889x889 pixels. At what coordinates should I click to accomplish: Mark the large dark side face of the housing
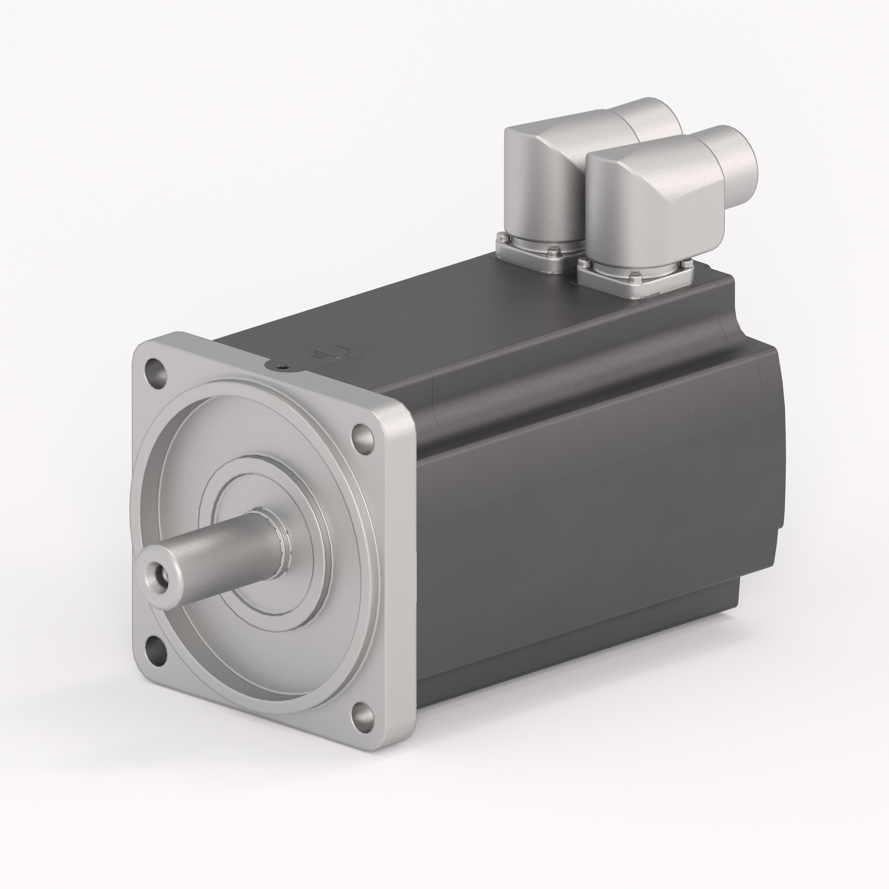click(575, 575)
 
